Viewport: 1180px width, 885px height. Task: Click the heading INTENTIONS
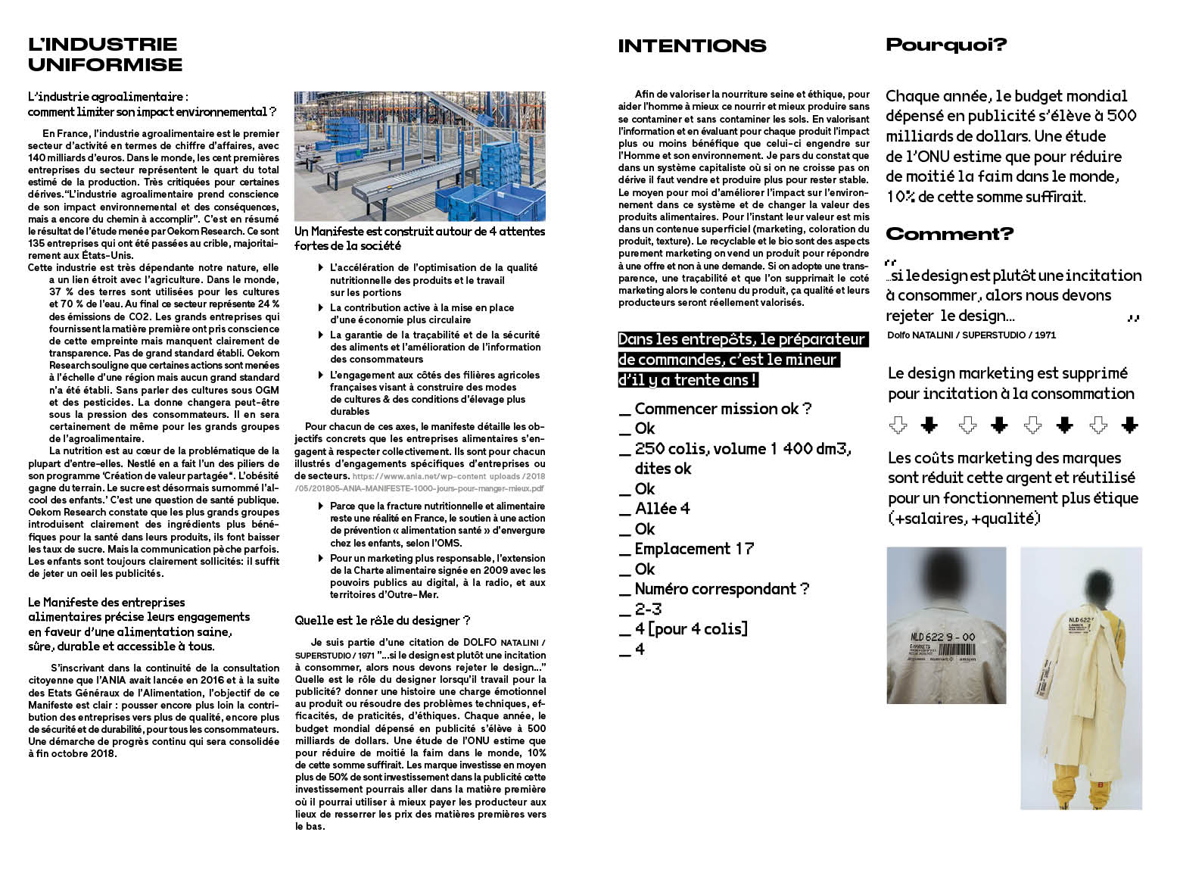coord(692,46)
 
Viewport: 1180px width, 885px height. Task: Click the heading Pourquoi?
coord(946,45)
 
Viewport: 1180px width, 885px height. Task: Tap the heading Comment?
coord(949,234)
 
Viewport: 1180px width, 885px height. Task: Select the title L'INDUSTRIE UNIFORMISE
coord(105,55)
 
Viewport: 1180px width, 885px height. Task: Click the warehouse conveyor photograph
coord(419,156)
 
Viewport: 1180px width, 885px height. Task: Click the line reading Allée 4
coord(662,509)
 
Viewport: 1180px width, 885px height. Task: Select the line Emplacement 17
coord(694,549)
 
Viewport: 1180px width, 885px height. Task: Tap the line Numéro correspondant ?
coord(722,589)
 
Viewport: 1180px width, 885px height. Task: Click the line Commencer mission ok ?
coord(723,409)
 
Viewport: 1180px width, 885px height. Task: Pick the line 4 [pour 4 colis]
coord(691,629)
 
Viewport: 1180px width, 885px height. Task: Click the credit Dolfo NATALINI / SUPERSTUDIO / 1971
coord(971,335)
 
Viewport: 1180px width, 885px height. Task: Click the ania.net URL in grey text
coord(448,482)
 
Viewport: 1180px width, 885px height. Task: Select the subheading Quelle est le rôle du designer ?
coord(382,621)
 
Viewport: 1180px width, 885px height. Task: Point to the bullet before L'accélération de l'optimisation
coord(322,268)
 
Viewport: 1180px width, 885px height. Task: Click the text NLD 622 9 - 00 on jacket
coord(942,637)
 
